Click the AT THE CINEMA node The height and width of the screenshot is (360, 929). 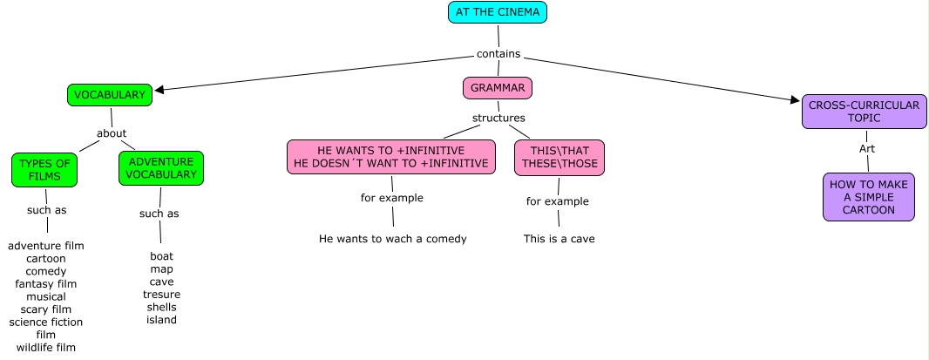pyautogui.click(x=498, y=12)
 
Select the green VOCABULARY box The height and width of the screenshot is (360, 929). pyautogui.click(x=110, y=95)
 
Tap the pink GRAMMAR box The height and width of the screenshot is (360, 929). pyautogui.click(x=498, y=88)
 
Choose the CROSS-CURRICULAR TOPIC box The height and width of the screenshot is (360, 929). pyautogui.click(x=864, y=112)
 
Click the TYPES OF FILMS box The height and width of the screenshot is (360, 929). pyautogui.click(x=44, y=170)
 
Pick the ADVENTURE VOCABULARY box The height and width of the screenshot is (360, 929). pyautogui.click(x=161, y=168)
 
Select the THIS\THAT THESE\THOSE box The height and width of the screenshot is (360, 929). pyautogui.click(x=559, y=157)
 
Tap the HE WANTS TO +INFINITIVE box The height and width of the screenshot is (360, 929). pyautogui.click(x=391, y=157)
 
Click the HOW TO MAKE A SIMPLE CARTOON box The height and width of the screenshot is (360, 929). pyautogui.click(x=868, y=197)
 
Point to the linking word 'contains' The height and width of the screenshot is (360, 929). pyautogui.click(x=498, y=54)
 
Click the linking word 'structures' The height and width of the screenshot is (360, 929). pyautogui.click(x=498, y=118)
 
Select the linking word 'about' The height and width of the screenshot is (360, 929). pyautogui.click(x=112, y=133)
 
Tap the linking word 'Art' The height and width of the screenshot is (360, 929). pyautogui.click(x=866, y=149)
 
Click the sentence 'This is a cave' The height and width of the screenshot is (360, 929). pyautogui.click(x=559, y=239)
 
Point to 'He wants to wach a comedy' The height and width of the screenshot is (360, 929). pyautogui.click(x=393, y=239)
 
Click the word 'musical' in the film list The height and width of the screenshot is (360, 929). pyautogui.click(x=46, y=296)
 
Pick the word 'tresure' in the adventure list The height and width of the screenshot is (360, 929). pyautogui.click(x=161, y=295)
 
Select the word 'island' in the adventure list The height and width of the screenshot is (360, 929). pyautogui.click(x=161, y=320)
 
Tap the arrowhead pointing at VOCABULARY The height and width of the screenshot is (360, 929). pyautogui.click(x=159, y=89)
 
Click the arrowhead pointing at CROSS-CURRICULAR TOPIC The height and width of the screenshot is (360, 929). pyautogui.click(x=795, y=100)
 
